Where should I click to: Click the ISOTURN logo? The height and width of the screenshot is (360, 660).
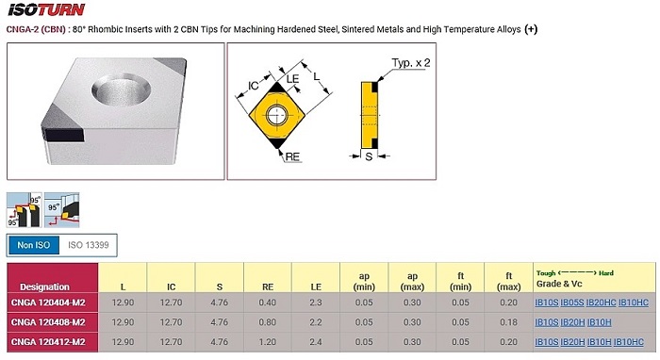click(46, 9)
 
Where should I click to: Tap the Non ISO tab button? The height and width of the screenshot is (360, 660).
click(34, 245)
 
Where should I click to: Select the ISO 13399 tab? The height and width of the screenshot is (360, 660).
click(89, 245)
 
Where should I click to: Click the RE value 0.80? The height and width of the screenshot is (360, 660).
click(268, 322)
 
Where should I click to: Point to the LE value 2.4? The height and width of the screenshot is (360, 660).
click(316, 342)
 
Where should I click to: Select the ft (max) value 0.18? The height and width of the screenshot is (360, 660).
click(508, 322)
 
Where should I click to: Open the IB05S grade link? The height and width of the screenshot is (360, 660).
click(572, 303)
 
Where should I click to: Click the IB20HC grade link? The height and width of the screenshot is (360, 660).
click(602, 303)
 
